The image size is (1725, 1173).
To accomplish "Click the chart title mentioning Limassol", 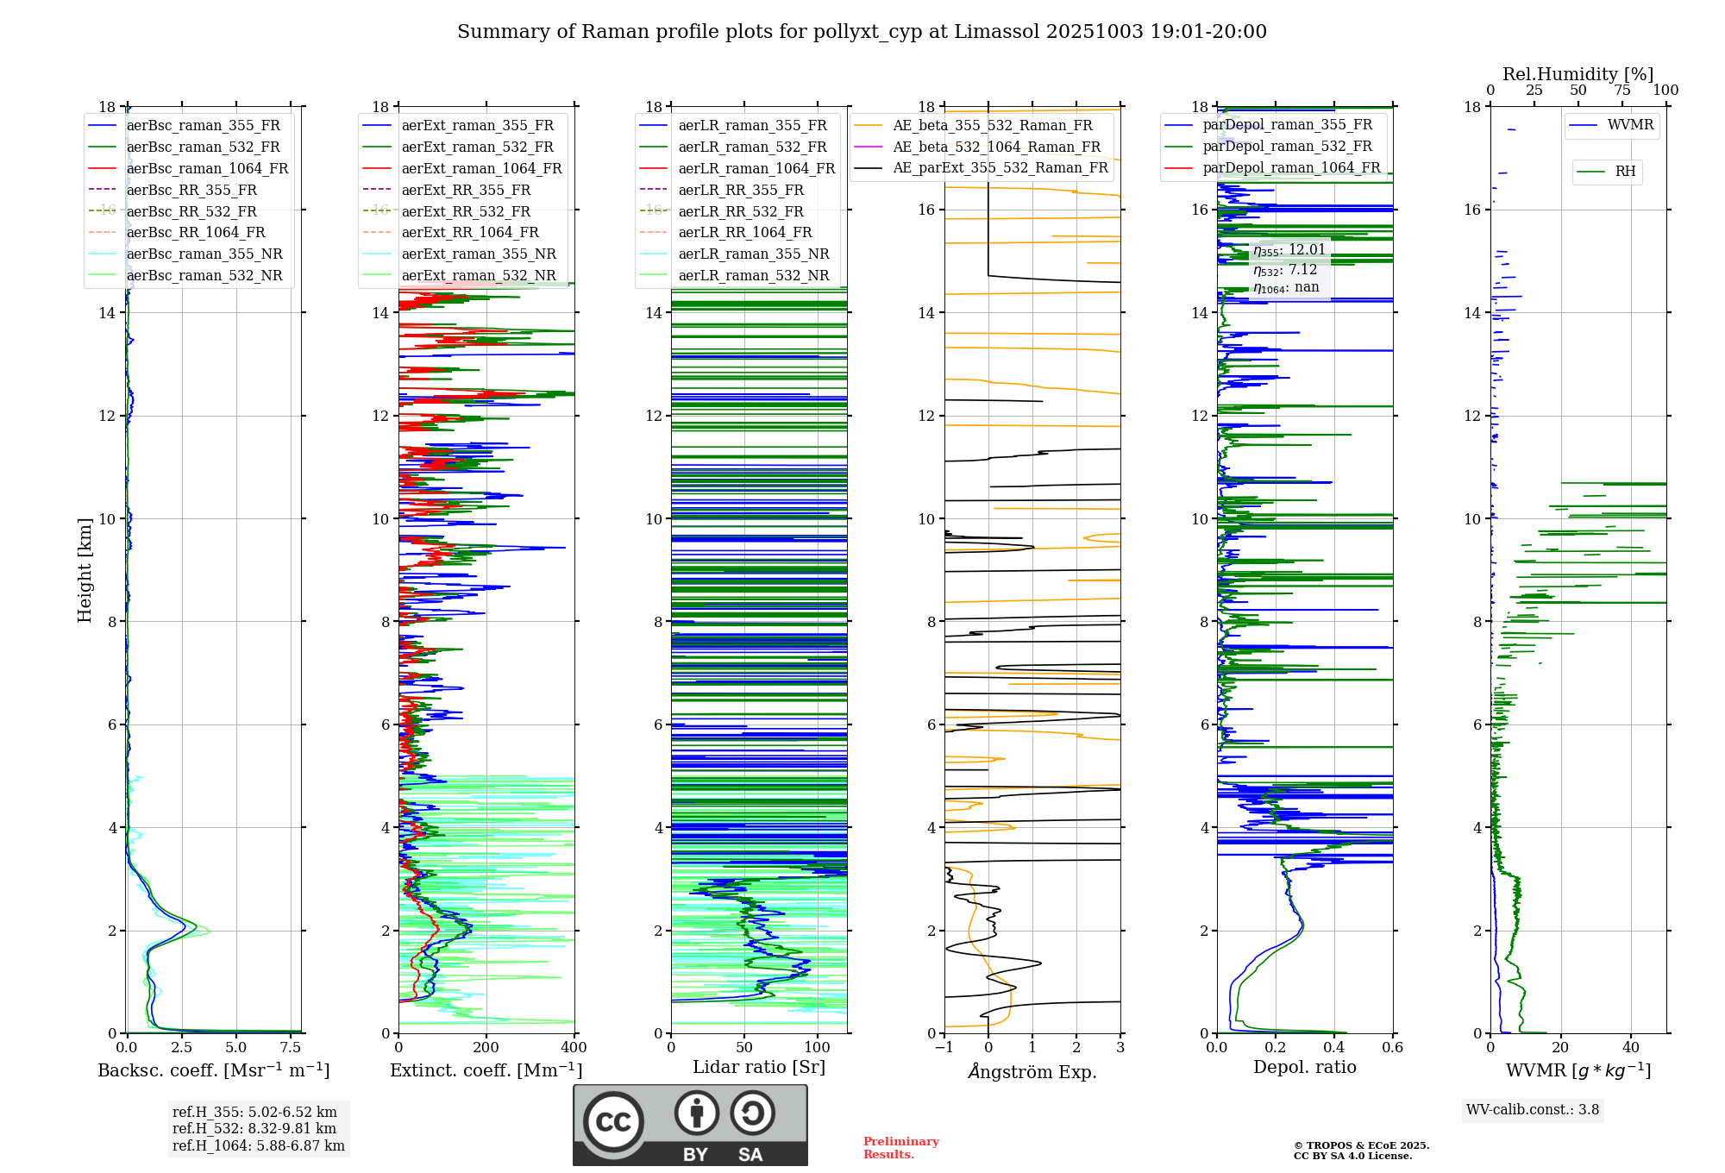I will [x=862, y=32].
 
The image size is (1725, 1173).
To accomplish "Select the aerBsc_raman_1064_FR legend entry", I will [x=207, y=169].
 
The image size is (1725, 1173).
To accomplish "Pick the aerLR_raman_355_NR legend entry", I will [x=753, y=254].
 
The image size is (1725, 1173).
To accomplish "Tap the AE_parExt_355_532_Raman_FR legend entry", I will [x=1000, y=168].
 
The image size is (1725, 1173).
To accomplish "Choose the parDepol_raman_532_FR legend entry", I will [x=1287, y=147].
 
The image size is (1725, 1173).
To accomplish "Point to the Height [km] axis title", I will [x=85, y=570].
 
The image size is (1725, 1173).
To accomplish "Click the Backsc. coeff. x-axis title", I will [x=213, y=1070].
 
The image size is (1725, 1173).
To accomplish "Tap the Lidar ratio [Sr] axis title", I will [x=759, y=1068].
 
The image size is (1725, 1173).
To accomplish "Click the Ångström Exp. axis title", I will [x=1032, y=1072].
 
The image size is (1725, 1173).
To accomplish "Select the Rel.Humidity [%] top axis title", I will [x=1578, y=74].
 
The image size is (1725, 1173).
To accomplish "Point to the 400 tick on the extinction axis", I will [x=574, y=1048].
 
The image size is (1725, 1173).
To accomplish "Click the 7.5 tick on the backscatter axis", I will [x=291, y=1048].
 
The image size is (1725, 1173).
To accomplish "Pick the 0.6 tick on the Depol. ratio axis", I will [x=1392, y=1048].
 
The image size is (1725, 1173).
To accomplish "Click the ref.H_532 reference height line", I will [x=254, y=1129].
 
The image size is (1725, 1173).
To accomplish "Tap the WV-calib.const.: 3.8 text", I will [x=1533, y=1110].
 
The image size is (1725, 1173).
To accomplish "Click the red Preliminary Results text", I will [x=900, y=1148].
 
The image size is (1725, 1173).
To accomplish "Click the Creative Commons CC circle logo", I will [x=613, y=1122].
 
